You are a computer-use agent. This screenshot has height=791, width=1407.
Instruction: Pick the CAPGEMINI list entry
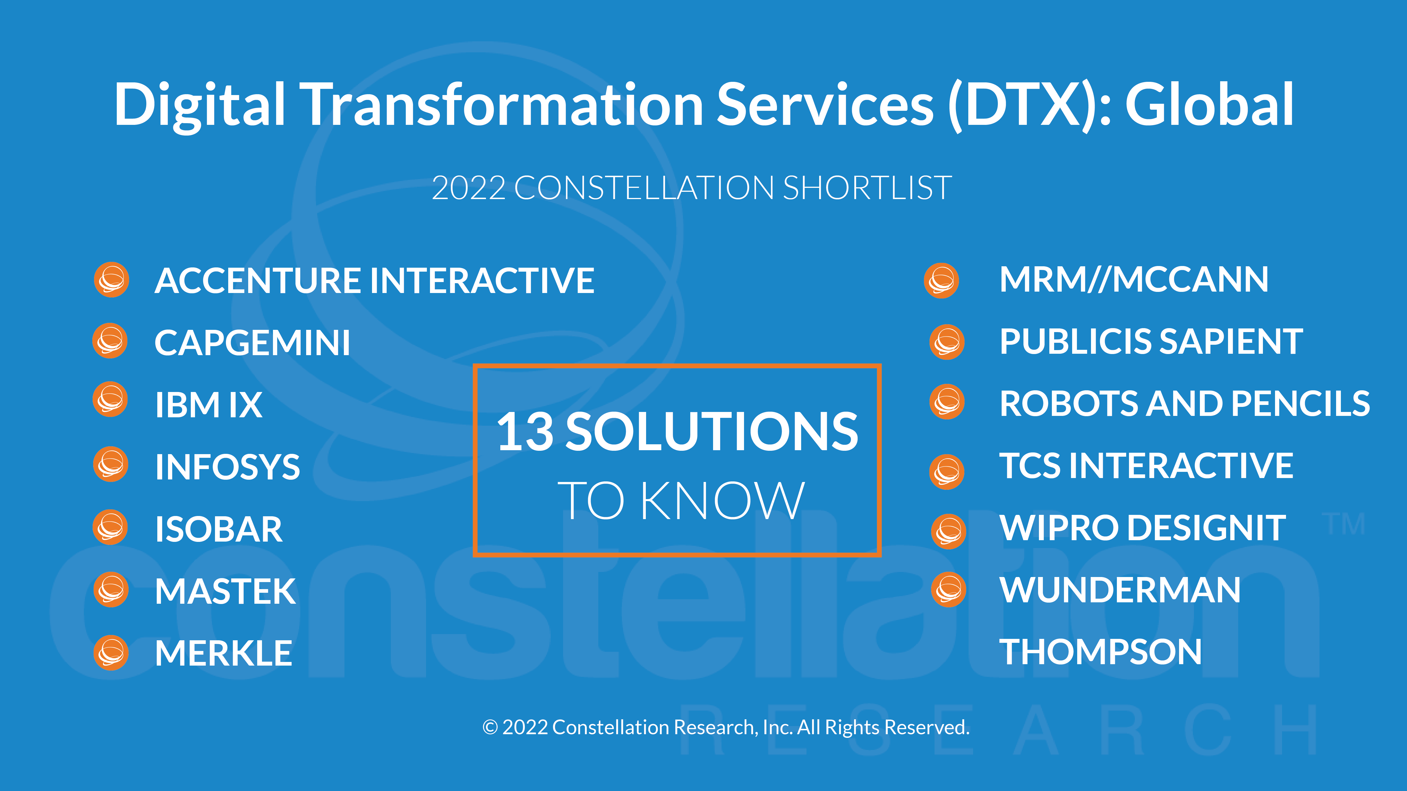(252, 343)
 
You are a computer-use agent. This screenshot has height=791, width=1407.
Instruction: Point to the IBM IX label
(209, 405)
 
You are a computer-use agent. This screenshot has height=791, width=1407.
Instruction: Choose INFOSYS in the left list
(227, 467)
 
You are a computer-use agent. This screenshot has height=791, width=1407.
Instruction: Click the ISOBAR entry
(218, 529)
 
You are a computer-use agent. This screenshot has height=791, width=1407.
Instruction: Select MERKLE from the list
(223, 653)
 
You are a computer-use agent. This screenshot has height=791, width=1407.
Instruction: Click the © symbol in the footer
(490, 728)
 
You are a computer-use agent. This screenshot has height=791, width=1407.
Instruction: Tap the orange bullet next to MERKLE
(111, 652)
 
